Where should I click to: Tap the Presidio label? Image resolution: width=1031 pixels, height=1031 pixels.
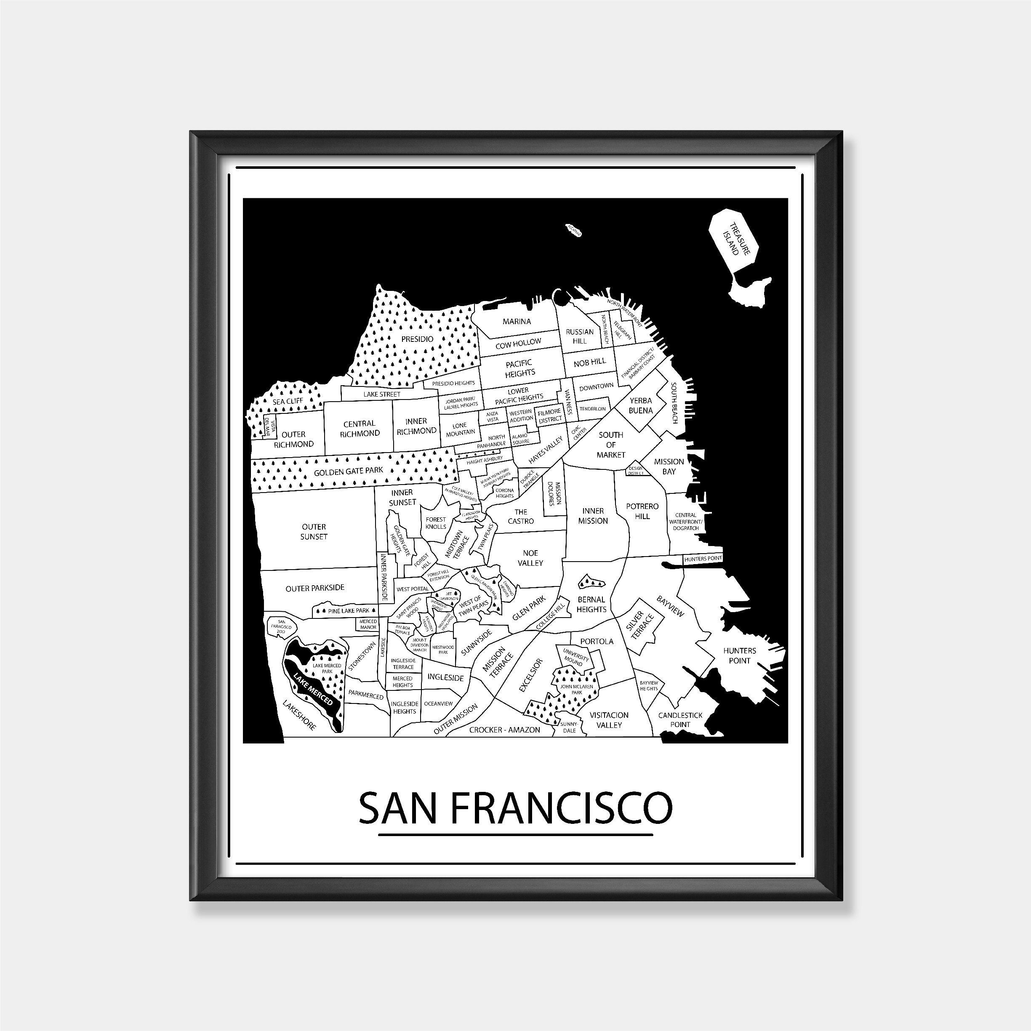(417, 339)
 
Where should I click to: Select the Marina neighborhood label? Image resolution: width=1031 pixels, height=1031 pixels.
(517, 321)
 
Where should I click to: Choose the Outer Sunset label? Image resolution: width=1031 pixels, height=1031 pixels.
(314, 532)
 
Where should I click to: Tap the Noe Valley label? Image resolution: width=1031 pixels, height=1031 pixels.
(530, 558)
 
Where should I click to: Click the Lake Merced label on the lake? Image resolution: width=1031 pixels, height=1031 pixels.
(313, 689)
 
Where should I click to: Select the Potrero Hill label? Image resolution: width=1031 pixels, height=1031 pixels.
(642, 511)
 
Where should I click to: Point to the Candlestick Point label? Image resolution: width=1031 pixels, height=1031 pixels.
(680, 719)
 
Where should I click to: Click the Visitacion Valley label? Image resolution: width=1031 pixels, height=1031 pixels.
(609, 719)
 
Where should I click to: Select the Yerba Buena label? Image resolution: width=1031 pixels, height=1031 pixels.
(641, 405)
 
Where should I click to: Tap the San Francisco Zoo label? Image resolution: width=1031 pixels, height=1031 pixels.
(281, 626)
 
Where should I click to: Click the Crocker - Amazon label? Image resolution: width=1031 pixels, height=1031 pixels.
(504, 730)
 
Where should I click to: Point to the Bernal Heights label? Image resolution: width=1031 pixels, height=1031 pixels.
(591, 604)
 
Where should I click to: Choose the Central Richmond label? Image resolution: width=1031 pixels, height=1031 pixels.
(360, 429)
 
